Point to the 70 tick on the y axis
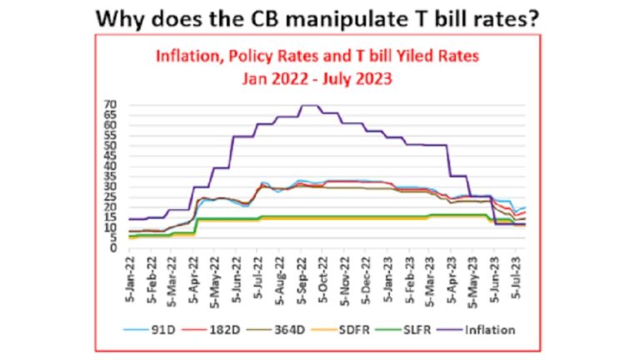[110, 105]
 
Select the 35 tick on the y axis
[110, 176]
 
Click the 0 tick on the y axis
[112, 247]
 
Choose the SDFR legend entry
[360, 329]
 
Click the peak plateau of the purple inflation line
[309, 106]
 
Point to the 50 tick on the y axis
[110, 146]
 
